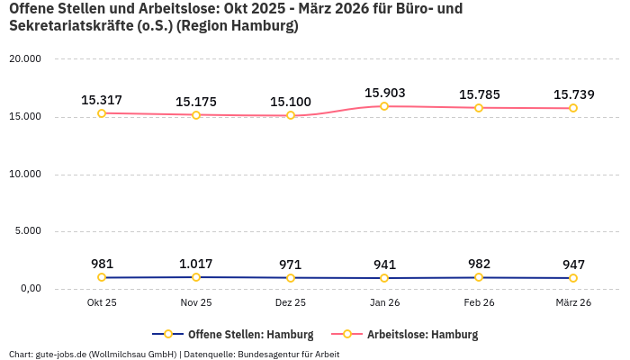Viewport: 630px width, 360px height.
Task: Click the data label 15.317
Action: coord(102,100)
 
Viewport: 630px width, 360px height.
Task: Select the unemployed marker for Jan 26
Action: coord(384,106)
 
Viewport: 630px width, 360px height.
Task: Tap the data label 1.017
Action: coord(196,264)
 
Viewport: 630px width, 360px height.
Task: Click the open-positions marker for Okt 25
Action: coord(102,278)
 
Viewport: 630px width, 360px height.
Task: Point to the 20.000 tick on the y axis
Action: coord(24,59)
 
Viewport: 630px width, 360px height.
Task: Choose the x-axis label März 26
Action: coord(573,303)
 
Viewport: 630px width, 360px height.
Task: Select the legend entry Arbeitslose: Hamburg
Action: coord(422,335)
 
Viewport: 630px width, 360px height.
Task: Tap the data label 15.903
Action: coord(384,93)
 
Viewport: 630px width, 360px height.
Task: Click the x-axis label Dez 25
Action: coord(291,303)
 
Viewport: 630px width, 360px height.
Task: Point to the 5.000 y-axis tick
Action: coord(27,231)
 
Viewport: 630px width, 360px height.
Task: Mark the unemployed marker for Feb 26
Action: coord(479,108)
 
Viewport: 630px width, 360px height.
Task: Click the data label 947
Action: coord(573,265)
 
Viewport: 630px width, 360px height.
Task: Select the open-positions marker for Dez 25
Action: coord(291,278)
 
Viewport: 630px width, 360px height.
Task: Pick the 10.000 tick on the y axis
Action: coord(24,174)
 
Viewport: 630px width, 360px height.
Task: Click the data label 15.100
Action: coord(291,102)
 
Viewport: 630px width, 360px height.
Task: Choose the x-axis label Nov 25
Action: coord(196,303)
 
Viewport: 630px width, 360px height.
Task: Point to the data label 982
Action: coord(479,264)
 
